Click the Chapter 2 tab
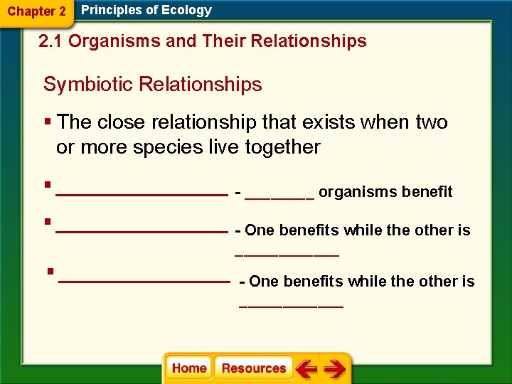pyautogui.click(x=37, y=12)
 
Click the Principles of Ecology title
pyautogui.click(x=146, y=10)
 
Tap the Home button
pyautogui.click(x=189, y=368)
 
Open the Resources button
pyautogui.click(x=254, y=368)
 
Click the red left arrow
pyautogui.click(x=306, y=369)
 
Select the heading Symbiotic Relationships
pyautogui.click(x=152, y=85)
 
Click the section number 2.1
pyautogui.click(x=51, y=41)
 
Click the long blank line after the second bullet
pyautogui.click(x=141, y=231)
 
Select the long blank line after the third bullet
pyautogui.click(x=144, y=282)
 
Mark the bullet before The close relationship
pyautogui.click(x=48, y=122)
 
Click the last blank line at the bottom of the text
pyautogui.click(x=292, y=306)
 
